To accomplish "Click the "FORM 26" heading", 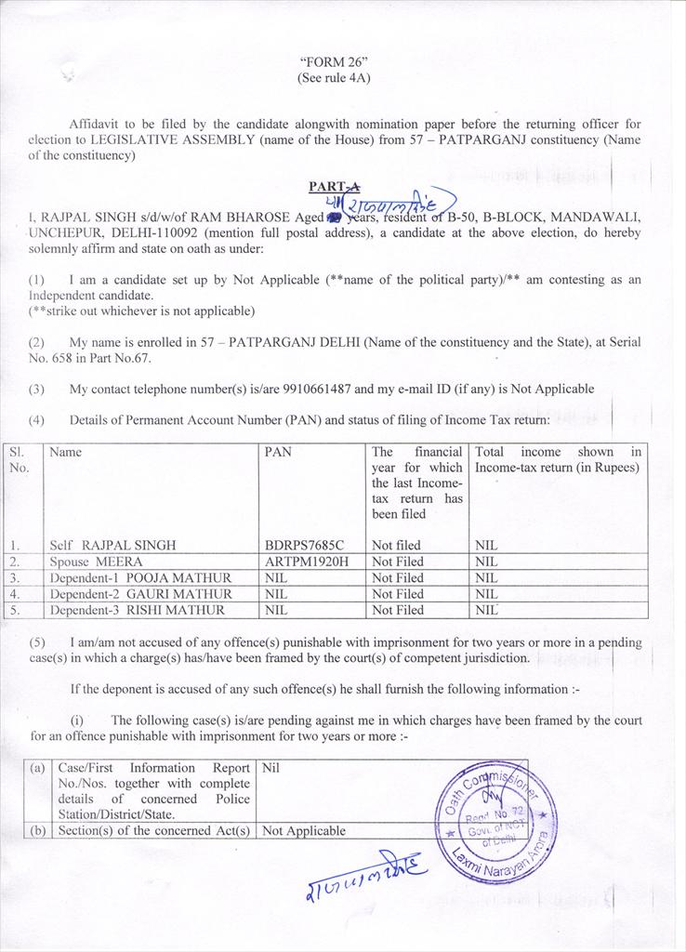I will (333, 62).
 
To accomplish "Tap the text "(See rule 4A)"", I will (333, 78).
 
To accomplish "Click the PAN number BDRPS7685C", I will (304, 545).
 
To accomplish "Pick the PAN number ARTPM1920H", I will (305, 562).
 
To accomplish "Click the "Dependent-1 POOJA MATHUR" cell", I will (140, 578).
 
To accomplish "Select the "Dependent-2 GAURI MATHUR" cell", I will (140, 594).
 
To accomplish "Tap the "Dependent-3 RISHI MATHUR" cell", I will (137, 611).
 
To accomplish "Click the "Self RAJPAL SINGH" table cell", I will (112, 545).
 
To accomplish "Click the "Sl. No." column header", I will (19, 460).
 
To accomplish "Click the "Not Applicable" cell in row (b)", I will (304, 831).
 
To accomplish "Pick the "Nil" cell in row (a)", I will (271, 769).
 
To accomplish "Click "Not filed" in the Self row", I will (396, 545).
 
